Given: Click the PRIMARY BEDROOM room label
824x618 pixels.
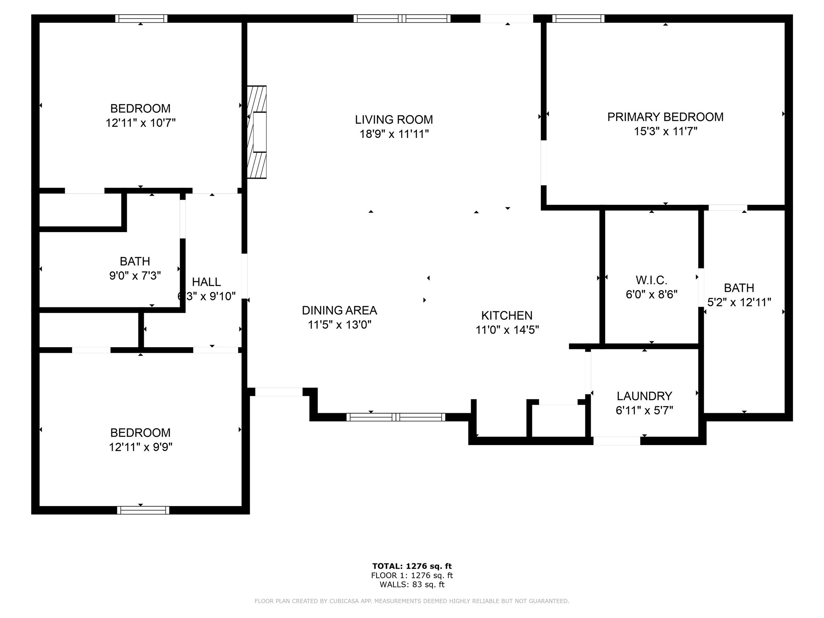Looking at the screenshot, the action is pos(665,117).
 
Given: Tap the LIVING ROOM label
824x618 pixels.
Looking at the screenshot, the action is pos(394,119).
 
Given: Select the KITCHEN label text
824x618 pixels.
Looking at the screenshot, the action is pos(507,315).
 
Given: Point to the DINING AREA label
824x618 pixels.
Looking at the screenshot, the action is pos(340,310).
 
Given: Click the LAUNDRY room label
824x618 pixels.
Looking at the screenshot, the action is pos(645,396).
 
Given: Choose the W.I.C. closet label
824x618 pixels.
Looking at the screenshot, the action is pos(651,280).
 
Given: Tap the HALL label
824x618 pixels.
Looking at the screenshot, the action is pos(206,282).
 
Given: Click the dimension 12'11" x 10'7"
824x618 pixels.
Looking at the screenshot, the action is pos(140,123).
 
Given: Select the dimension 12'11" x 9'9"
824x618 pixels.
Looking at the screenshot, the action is pos(140,447).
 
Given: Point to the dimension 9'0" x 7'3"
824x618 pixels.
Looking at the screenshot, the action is pos(135,276).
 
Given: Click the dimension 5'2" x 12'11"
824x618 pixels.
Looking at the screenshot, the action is pos(739,302).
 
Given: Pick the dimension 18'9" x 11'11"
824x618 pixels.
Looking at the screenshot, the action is pos(394,134).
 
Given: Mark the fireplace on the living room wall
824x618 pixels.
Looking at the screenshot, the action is pos(257,132).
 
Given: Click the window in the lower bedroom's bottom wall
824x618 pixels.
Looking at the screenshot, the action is pos(143,510).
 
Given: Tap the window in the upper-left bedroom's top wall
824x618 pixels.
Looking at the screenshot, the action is pos(141,19).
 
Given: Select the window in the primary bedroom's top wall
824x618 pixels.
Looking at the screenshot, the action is pos(578,19).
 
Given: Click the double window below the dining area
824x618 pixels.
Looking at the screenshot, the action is pos(396,417).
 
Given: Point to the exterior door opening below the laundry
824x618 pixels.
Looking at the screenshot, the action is pos(617,441).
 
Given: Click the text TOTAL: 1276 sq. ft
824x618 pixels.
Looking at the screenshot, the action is pos(412,566).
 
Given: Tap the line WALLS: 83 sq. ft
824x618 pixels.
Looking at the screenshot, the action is pos(412,585).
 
